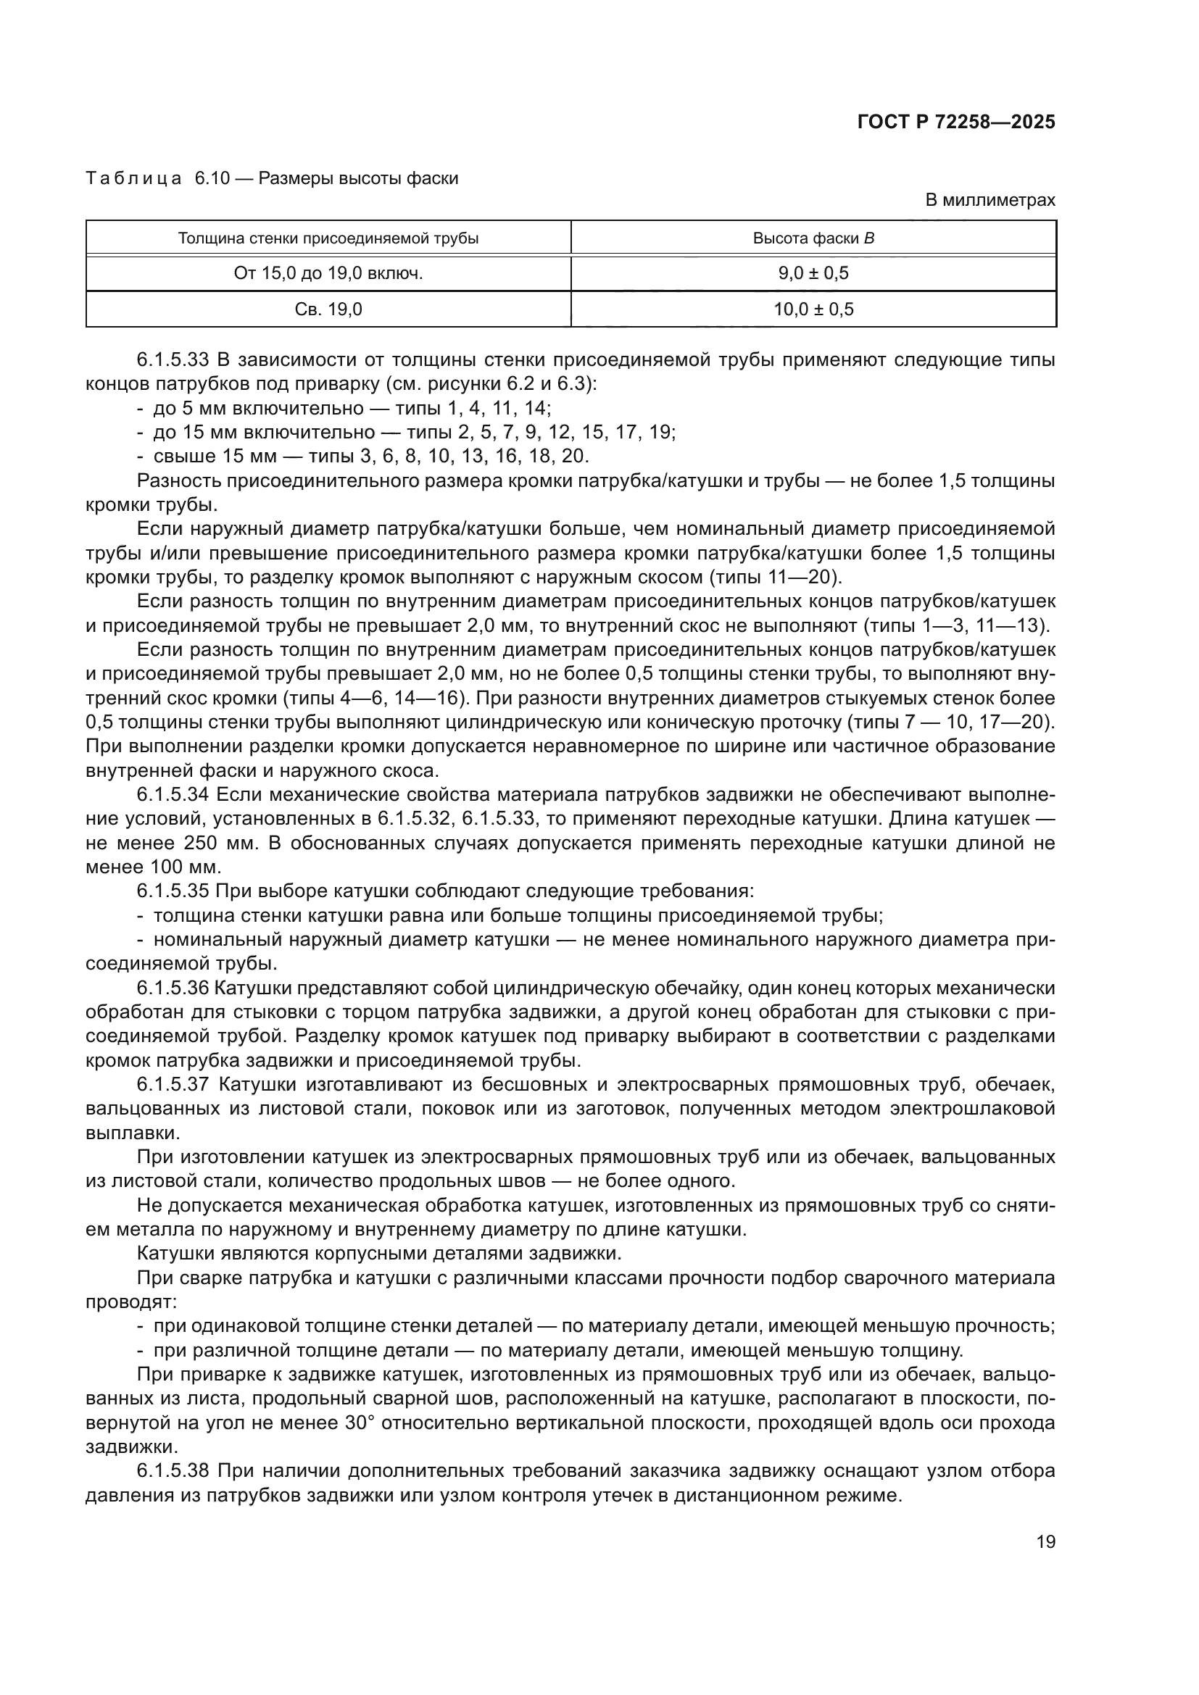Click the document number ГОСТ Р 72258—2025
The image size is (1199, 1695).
[x=956, y=122]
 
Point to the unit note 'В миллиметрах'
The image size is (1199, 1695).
[x=990, y=200]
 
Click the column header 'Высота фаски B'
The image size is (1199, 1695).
[x=813, y=238]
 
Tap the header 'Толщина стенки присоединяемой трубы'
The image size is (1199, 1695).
[x=328, y=238]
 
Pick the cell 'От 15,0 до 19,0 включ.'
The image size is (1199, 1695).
[x=328, y=274]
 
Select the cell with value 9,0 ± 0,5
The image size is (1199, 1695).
[x=813, y=274]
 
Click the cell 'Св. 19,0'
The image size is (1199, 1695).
[x=328, y=309]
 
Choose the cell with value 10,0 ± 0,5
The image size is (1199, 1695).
[x=813, y=309]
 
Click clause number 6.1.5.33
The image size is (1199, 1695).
[x=173, y=360]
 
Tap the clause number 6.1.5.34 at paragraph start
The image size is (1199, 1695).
[x=173, y=794]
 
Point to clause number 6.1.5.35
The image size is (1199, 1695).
[x=173, y=891]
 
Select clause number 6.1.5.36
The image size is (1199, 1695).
[x=173, y=988]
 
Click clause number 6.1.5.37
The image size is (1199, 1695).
[x=173, y=1085]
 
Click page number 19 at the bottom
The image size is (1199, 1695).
[x=1045, y=1542]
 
